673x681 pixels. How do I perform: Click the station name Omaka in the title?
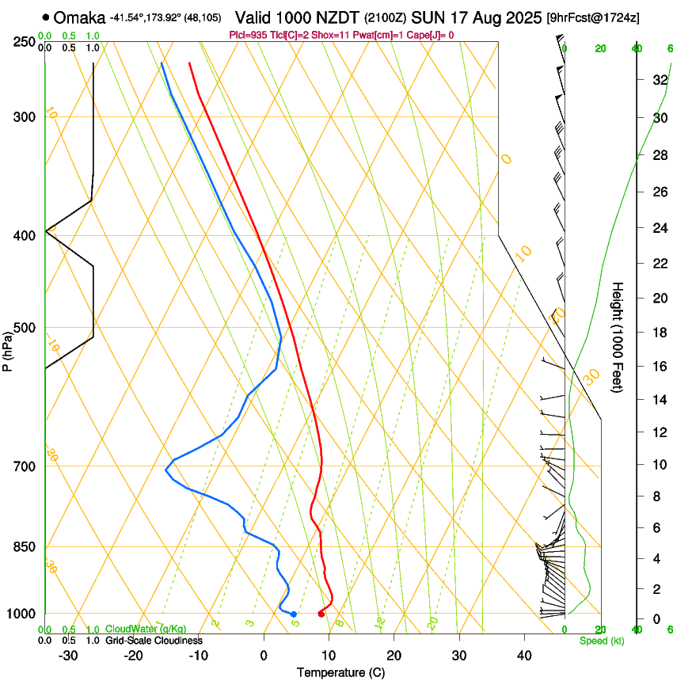(79, 17)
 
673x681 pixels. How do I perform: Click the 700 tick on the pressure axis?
(23, 466)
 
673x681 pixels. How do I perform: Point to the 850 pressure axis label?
(23, 547)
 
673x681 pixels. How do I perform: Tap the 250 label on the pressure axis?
(23, 42)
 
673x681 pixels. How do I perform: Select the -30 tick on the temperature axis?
(69, 655)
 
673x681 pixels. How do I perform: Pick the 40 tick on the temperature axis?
(524, 655)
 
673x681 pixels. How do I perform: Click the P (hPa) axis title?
(7, 348)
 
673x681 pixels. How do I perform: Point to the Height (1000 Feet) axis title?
(618, 337)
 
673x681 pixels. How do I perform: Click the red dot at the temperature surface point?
(321, 614)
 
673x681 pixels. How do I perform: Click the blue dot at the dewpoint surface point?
(294, 614)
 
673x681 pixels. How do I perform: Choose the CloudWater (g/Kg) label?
(146, 630)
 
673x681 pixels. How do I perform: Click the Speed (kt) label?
(601, 640)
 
